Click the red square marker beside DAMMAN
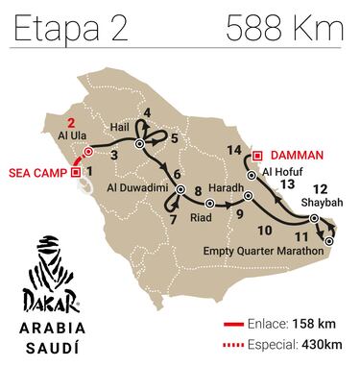pos(258,155)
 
